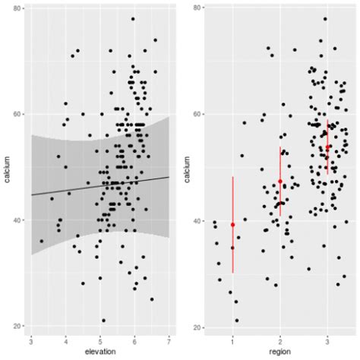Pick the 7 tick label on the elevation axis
click(169, 339)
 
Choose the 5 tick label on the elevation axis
click(99, 339)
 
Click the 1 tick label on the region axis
click(232, 339)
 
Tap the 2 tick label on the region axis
click(280, 339)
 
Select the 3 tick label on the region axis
click(327, 339)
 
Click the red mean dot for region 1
click(232, 225)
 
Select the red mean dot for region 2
click(280, 182)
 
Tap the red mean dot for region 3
click(327, 147)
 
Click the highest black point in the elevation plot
click(133, 19)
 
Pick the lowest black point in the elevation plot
click(103, 321)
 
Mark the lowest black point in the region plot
click(237, 321)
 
